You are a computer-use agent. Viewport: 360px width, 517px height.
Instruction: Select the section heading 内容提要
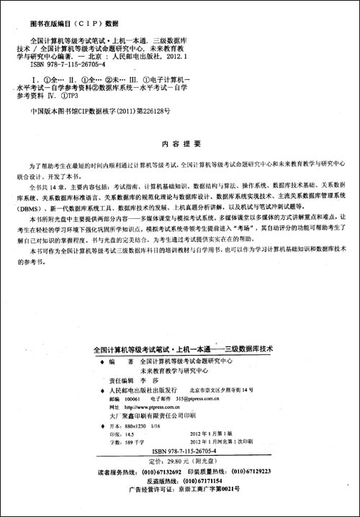pyautogui.click(x=181, y=145)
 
